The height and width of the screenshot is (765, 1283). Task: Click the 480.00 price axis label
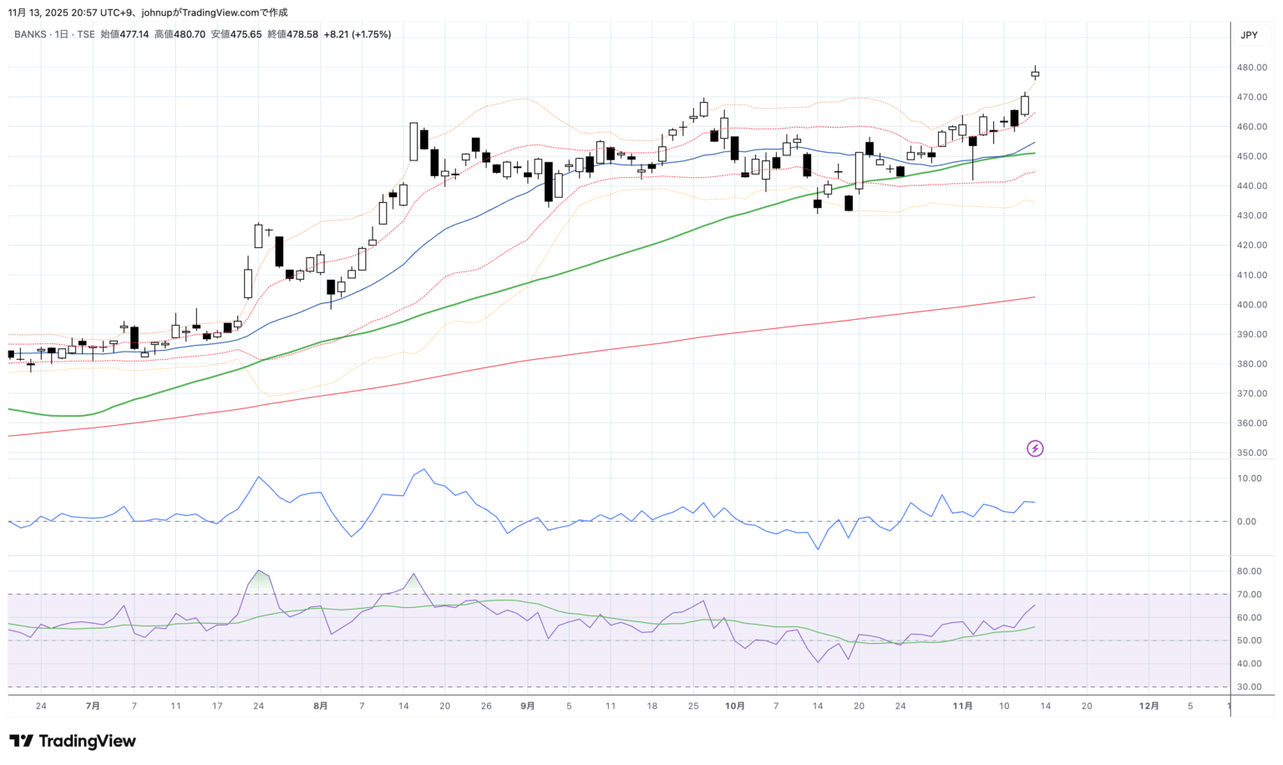pos(1252,68)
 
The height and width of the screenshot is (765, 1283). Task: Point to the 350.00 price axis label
pos(1252,453)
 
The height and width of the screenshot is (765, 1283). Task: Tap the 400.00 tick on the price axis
pos(1252,305)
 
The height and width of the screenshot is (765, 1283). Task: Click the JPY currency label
pos(1249,35)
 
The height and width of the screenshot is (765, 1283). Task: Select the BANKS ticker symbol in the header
pos(30,34)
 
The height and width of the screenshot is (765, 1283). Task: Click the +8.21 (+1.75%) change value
pos(358,34)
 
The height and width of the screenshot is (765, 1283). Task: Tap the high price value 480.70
pos(190,34)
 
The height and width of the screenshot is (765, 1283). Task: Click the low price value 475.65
pos(246,34)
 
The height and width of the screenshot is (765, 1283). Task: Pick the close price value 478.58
pos(303,34)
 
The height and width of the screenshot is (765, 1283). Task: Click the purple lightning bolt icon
pos(1035,448)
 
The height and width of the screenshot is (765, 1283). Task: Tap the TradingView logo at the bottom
pos(73,741)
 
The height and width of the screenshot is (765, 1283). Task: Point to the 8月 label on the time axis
pos(321,706)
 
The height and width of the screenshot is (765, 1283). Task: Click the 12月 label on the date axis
pos(1149,706)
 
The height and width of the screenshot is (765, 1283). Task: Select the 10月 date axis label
pos(735,706)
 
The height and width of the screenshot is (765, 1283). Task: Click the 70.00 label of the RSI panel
pos(1250,595)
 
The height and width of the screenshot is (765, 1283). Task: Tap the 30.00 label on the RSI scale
pos(1250,687)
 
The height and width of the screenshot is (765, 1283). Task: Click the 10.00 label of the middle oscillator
pos(1250,479)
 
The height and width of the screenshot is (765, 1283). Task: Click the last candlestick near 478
pos(1035,74)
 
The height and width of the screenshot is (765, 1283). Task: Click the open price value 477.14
pos(134,34)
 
